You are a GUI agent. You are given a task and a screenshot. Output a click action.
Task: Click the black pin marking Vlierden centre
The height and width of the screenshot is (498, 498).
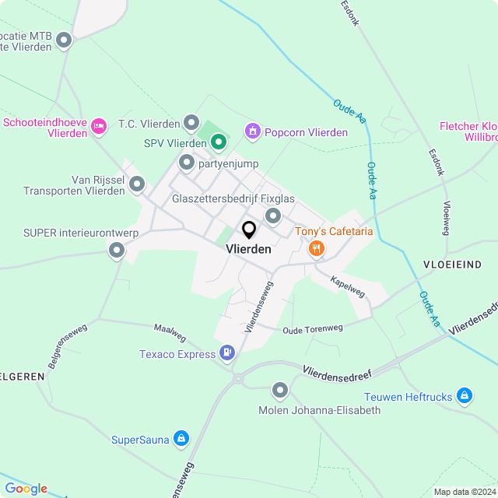[249, 230]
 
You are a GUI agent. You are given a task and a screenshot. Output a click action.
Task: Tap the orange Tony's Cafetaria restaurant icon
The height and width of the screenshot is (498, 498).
[316, 249]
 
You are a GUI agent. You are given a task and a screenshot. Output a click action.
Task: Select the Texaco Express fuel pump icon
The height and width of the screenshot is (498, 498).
[227, 354]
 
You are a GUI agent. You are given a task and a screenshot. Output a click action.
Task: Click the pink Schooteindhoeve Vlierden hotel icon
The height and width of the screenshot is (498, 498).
[98, 125]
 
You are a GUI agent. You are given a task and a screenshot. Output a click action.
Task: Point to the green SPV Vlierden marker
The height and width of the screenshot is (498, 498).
[219, 142]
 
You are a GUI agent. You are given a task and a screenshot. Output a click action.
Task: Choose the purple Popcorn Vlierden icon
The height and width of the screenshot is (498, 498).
[251, 132]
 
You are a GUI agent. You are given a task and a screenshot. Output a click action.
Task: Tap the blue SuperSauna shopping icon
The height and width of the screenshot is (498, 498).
[181, 440]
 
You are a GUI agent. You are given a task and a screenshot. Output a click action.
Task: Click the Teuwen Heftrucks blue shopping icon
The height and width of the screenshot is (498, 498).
[465, 397]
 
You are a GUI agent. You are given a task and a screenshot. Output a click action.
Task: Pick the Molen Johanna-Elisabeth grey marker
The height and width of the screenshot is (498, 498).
[280, 390]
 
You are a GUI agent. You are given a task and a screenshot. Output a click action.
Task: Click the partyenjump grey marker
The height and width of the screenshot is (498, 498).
[186, 163]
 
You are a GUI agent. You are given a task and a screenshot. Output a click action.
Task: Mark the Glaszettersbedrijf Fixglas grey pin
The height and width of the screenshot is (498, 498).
[273, 216]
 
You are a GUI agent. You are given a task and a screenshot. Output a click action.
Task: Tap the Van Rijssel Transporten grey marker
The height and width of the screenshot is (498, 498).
[137, 184]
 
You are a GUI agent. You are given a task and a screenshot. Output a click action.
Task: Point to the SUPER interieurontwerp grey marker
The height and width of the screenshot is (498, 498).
[117, 250]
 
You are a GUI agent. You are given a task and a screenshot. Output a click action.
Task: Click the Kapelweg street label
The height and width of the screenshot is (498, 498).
[347, 286]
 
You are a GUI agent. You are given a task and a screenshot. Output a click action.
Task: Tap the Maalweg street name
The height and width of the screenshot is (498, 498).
[170, 333]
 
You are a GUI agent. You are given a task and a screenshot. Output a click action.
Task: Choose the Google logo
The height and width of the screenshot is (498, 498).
[26, 489]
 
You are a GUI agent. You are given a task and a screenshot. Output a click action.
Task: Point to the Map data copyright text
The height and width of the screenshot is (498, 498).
[465, 492]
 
